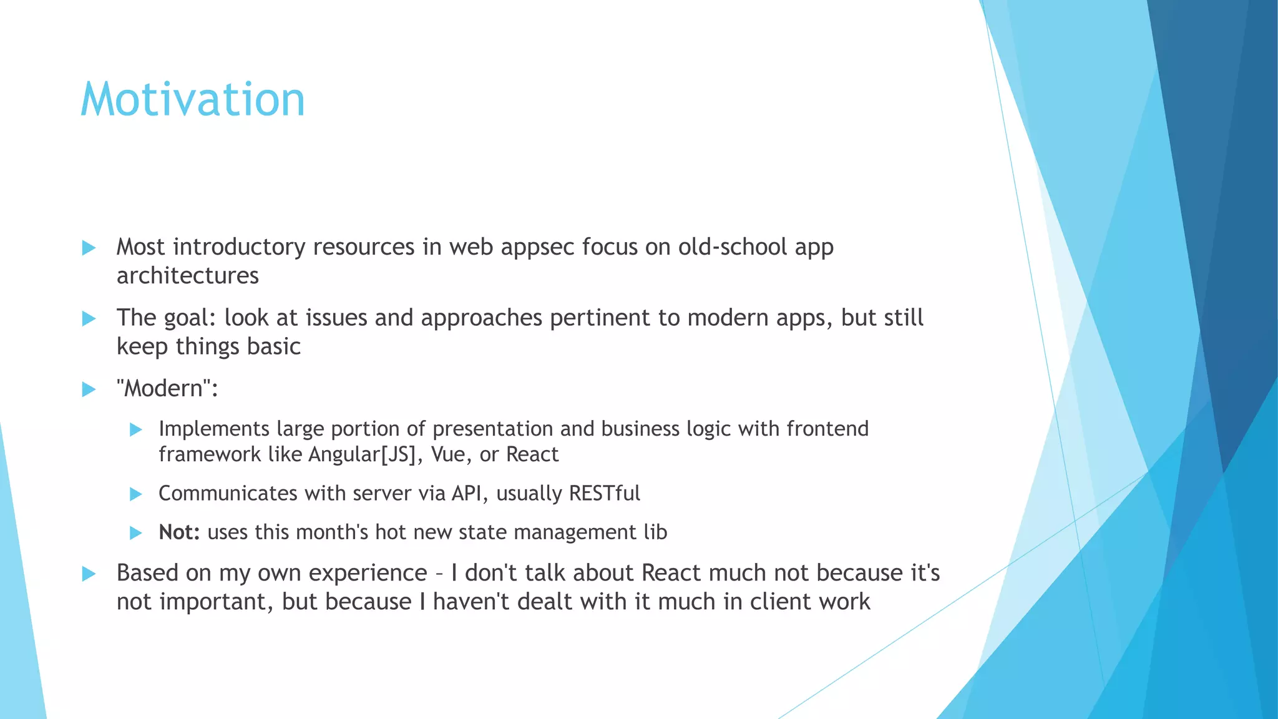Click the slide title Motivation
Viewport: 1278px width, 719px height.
(193, 100)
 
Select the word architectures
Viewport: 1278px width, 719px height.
(187, 276)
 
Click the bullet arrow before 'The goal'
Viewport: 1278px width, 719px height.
(89, 319)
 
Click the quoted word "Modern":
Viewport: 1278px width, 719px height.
(167, 389)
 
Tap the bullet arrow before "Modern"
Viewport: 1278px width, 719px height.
(89, 390)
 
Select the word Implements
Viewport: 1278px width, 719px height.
(214, 429)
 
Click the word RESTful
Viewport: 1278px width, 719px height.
(604, 494)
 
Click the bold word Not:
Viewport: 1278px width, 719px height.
(179, 532)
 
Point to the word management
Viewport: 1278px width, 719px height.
(567, 532)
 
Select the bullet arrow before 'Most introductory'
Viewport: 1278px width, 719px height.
(89, 248)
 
